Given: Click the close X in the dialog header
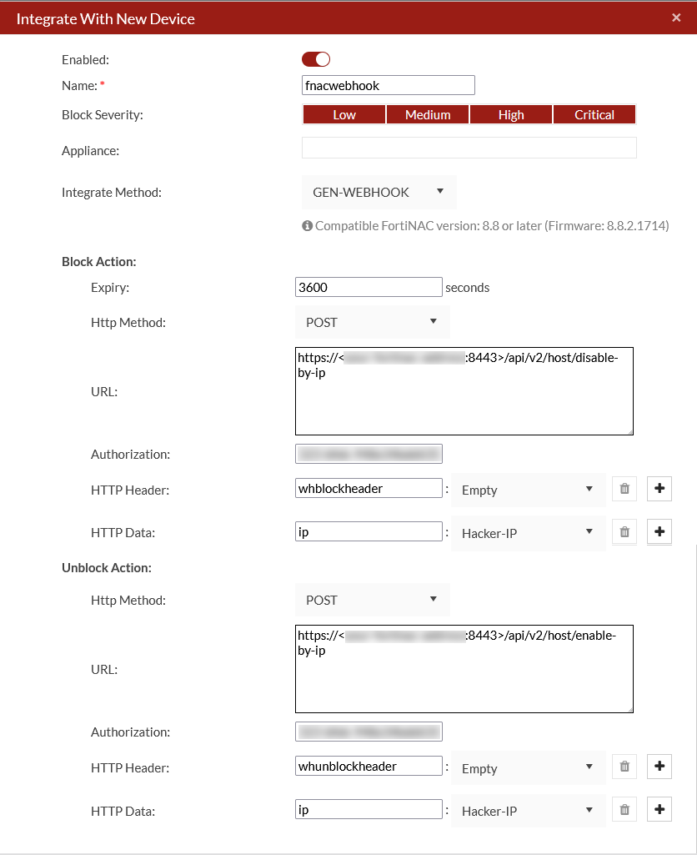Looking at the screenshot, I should tap(676, 18).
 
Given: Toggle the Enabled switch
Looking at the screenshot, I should tap(316, 59).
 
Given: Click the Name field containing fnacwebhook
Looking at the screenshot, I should tap(388, 85).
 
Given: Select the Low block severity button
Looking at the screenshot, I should tap(343, 115).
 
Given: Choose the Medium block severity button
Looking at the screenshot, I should tap(428, 115).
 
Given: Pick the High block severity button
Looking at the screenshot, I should tap(511, 115).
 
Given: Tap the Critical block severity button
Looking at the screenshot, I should tap(594, 115).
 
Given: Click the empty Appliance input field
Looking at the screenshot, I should tap(469, 148).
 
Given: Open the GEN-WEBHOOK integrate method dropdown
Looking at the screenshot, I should tap(379, 192).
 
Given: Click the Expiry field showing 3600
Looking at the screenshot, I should tap(369, 287).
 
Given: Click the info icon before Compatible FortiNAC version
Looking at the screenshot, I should tap(307, 226).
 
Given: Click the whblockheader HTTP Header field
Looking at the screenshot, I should tap(369, 489).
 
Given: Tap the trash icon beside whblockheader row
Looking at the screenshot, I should tap(624, 489).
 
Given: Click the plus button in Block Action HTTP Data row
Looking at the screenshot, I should tap(659, 531).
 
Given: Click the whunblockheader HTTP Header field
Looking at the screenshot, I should tap(369, 766).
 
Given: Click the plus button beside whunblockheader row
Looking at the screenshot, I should tap(659, 766).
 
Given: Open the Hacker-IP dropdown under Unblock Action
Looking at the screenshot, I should tap(528, 811).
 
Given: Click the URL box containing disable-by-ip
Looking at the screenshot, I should tap(464, 391).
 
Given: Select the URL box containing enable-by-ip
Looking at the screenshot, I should tap(464, 669).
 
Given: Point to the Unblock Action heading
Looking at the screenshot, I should tap(106, 568).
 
